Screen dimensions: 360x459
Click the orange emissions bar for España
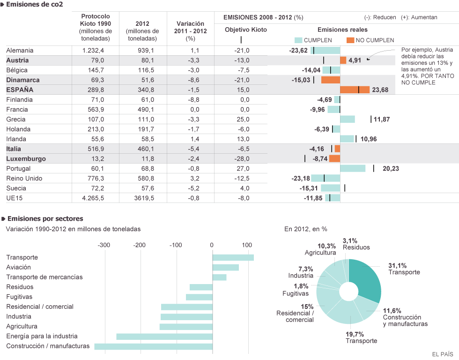coord(355,90)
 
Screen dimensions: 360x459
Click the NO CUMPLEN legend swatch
coord(350,40)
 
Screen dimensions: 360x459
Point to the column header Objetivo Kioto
coord(246,30)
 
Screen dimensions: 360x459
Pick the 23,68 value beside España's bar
coord(380,90)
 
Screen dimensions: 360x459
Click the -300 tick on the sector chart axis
coord(104,245)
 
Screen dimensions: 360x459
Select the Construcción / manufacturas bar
coord(153,346)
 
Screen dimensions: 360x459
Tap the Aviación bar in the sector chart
coord(226,267)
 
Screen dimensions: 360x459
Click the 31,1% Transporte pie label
coord(404,269)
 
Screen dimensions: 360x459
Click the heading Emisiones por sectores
coord(45,218)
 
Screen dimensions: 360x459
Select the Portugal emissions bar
coord(353,168)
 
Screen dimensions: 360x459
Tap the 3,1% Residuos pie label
coord(356,244)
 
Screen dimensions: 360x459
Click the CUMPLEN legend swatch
coord(298,40)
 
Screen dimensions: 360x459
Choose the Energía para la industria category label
coord(42,336)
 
